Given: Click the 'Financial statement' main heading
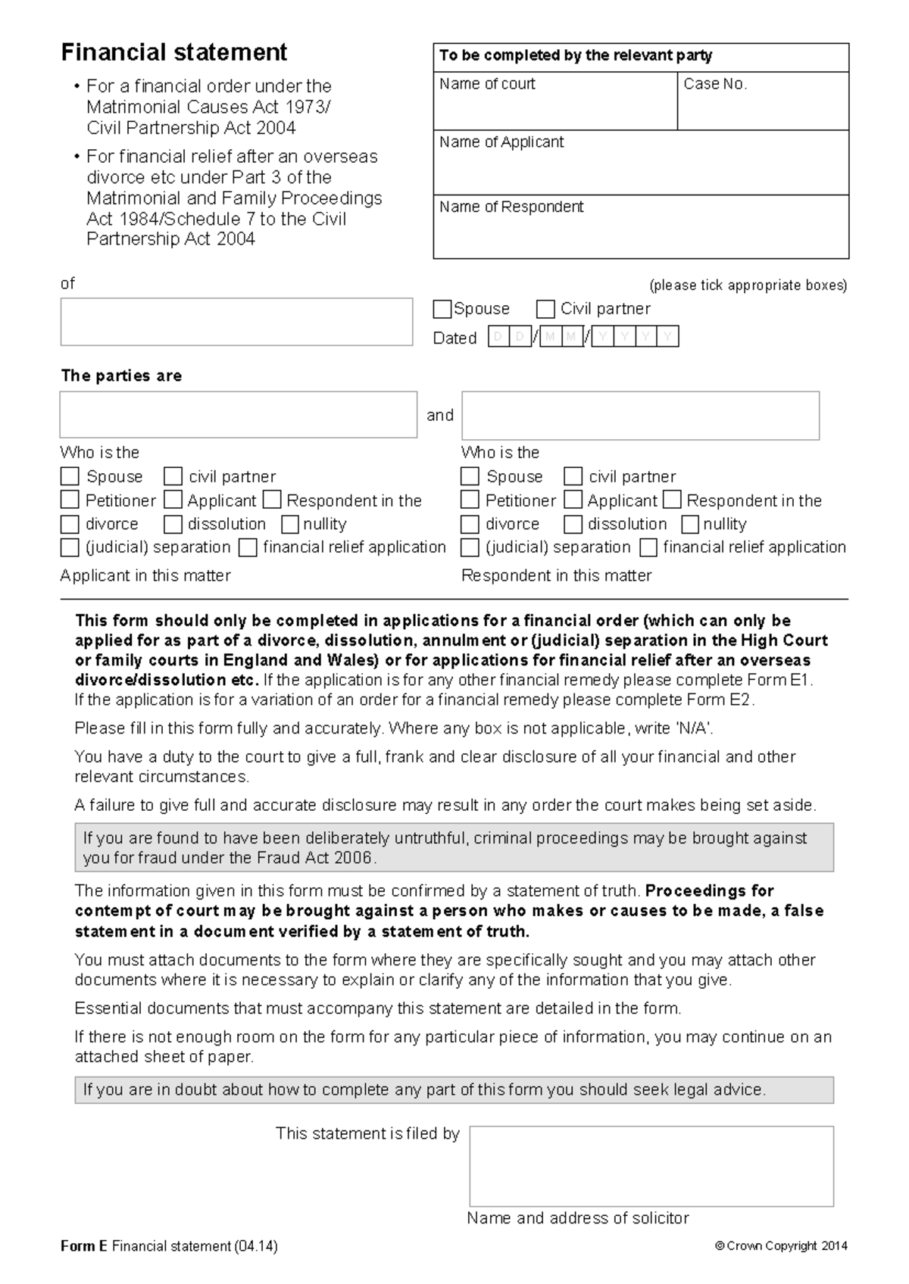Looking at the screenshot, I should coord(173,52).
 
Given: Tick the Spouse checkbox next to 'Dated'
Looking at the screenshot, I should coord(442,309).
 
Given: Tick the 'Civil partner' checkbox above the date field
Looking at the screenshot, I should coord(545,309).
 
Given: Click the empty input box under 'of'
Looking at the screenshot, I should coord(236,322).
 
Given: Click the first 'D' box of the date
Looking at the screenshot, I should coord(498,337).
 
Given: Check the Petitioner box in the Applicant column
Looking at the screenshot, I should coord(70,500).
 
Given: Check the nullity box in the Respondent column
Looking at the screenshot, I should coord(690,524).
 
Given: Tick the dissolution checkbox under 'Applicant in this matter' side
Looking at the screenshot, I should coord(173,524).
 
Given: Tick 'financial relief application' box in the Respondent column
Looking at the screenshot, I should coord(648,547).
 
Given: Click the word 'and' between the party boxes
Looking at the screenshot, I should coord(439,415).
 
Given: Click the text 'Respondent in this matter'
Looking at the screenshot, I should coord(556,575).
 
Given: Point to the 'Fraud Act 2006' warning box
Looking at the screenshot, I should coord(454,847).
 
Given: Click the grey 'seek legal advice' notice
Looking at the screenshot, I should coord(454,1089).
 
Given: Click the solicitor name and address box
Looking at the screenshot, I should coord(651,1166).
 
